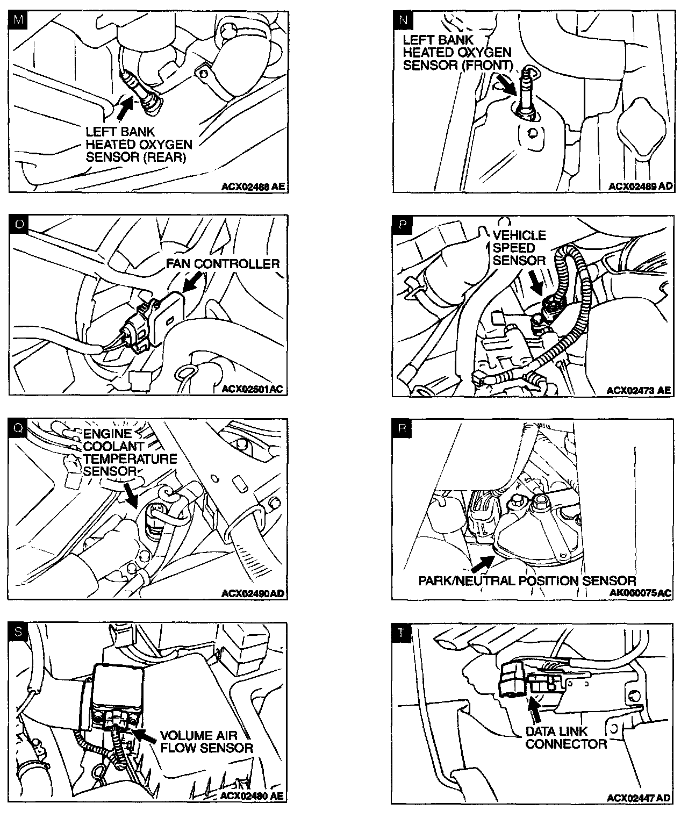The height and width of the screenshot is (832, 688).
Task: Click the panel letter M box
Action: point(19,21)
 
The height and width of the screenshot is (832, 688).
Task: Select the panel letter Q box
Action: point(18,428)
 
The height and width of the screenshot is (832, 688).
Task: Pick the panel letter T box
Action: point(403,633)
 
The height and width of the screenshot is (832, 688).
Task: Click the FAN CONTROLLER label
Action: point(223,264)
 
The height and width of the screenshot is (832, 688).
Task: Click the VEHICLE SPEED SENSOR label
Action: point(519,248)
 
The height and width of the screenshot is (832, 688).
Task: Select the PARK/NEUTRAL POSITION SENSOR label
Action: point(527,580)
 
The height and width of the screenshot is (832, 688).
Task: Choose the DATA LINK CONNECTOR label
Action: point(565,737)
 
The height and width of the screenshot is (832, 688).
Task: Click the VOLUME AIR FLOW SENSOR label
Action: point(206,741)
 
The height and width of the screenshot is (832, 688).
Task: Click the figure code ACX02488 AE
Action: point(253,187)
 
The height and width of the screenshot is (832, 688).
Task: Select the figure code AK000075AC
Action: point(641,593)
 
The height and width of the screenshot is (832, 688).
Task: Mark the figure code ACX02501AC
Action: point(252,389)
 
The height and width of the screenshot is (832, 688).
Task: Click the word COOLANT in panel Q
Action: point(114,446)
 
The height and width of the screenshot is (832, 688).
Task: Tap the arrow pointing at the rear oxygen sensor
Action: point(125,105)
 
